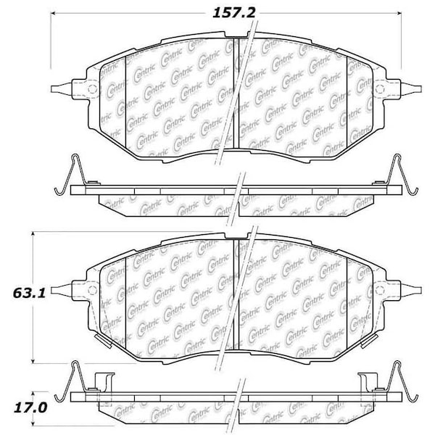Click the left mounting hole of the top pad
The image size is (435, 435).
[91, 89]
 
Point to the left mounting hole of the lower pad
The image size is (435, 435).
[91, 290]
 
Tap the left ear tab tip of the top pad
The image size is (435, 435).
[54, 89]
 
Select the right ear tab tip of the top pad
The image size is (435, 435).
[419, 89]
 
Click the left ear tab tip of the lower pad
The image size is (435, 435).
[54, 290]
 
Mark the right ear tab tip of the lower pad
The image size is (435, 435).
[419, 290]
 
